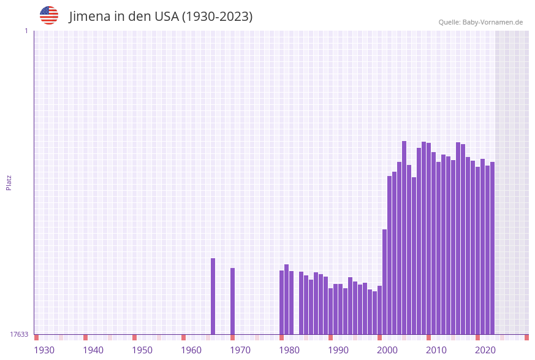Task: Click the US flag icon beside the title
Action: (x=49, y=15)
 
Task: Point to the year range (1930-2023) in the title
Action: (x=218, y=17)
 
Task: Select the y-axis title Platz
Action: (x=9, y=182)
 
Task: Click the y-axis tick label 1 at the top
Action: (x=26, y=31)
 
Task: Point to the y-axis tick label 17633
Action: (x=18, y=334)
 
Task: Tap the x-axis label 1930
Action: (x=44, y=350)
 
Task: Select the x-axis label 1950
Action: (x=142, y=350)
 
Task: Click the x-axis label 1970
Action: (x=240, y=350)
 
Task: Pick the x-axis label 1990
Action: (x=338, y=350)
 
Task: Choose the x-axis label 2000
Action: (x=387, y=350)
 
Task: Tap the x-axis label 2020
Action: (x=485, y=350)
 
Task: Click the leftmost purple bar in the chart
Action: (x=213, y=296)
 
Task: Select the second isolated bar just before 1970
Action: (x=233, y=301)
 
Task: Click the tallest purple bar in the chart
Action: (x=404, y=237)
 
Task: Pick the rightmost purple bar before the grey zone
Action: (x=492, y=248)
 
